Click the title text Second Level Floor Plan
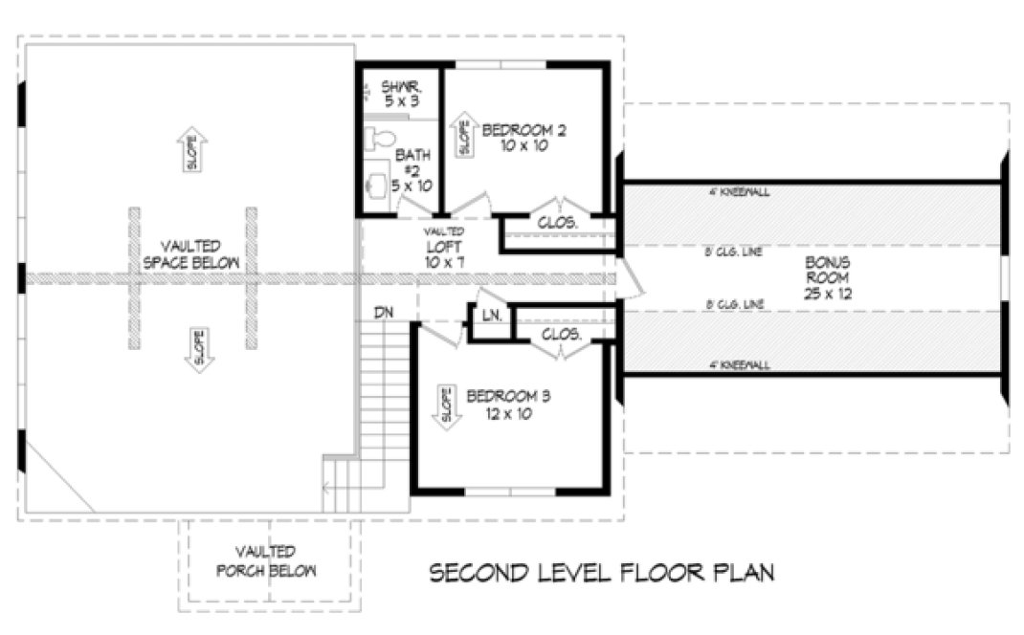[x=601, y=573]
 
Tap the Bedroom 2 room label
[x=523, y=138]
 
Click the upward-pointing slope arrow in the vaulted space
[x=193, y=150]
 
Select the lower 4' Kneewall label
[x=738, y=364]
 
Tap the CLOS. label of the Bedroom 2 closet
[x=558, y=222]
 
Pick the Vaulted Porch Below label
[x=268, y=561]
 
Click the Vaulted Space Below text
[x=190, y=253]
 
